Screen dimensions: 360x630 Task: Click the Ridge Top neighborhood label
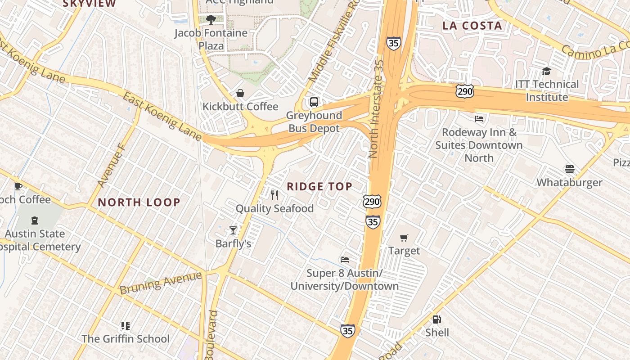coord(319,186)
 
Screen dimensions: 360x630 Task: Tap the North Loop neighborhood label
coord(139,202)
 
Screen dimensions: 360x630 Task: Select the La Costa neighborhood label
coord(472,26)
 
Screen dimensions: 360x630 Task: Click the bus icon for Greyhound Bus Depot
coord(314,102)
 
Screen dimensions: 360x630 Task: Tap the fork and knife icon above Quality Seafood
coord(274,195)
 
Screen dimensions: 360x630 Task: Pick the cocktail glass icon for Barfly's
coord(233,230)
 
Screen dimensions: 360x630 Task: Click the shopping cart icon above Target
coord(404,238)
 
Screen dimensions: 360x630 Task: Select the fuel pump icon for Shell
coord(436,319)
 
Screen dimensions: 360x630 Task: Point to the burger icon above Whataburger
coord(569,169)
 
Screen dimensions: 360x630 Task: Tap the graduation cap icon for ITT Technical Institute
coord(546,71)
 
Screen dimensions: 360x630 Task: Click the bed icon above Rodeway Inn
coord(479,119)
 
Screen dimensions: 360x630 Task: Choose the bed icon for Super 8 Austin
coord(345,260)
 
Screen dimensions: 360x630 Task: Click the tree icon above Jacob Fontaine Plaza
coord(211,19)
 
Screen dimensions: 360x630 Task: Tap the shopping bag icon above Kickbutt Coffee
coord(240,93)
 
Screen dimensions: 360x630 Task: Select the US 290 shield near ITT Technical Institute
coord(464,91)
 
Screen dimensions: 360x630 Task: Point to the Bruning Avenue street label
coord(161,283)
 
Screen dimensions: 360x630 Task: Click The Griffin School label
coord(126,338)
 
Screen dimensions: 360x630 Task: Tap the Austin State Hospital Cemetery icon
coord(35,220)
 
